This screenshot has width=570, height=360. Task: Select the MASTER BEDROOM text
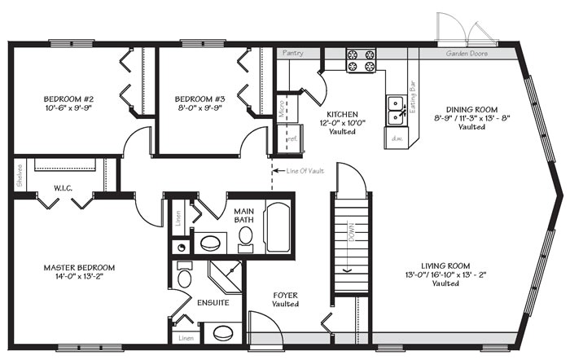tap(79, 267)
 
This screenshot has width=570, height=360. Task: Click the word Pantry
tap(292, 54)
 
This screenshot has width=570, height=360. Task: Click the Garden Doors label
tap(465, 54)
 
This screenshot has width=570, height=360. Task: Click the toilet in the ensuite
tap(184, 279)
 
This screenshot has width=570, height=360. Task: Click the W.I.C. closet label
tap(64, 188)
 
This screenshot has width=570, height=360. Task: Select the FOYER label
tap(284, 295)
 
